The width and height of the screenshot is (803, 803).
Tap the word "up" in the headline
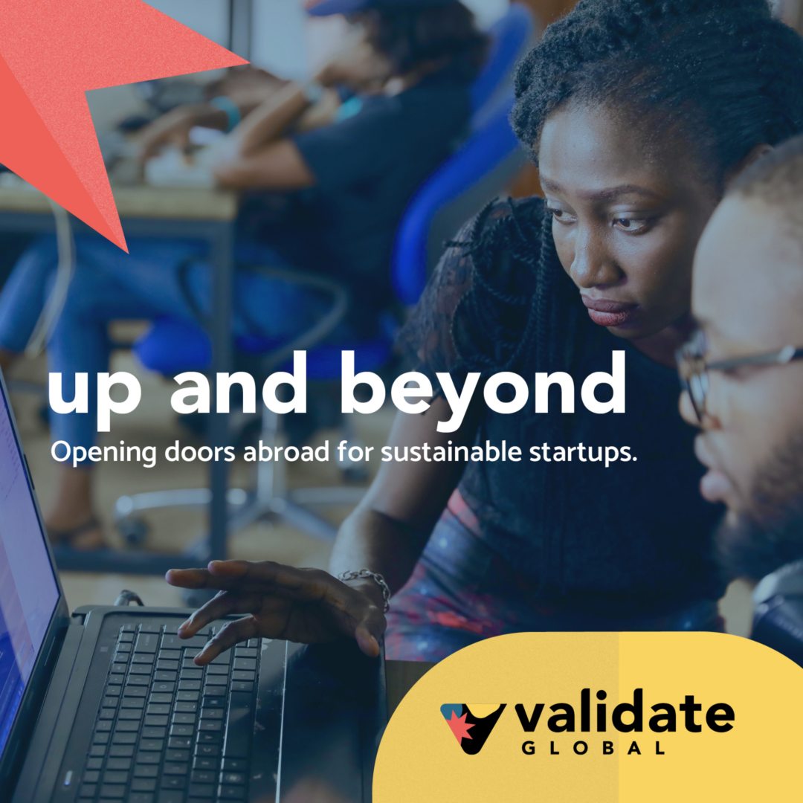94,396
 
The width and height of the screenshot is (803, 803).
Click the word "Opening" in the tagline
103,454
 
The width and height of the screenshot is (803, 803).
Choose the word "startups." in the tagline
583,454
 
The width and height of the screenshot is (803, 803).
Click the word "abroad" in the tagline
286,452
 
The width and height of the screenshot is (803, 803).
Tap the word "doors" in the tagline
200,452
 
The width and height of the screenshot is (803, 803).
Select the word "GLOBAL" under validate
593,748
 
